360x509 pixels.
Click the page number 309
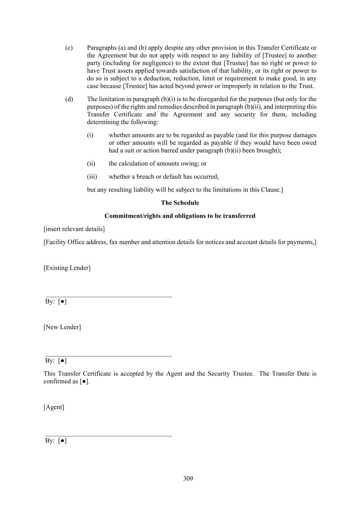tap(188, 478)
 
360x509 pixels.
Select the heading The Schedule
tap(180, 203)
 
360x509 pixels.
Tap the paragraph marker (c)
tap(69, 48)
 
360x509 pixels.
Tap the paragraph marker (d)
tap(69, 99)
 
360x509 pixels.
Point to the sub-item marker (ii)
tap(91, 163)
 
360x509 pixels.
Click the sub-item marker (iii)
tap(92, 176)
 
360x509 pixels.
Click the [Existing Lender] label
tap(67, 268)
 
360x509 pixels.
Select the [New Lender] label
tap(62, 327)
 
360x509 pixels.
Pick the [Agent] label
tap(54, 407)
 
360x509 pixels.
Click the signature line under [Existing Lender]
tap(109, 297)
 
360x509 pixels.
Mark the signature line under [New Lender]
tap(109, 356)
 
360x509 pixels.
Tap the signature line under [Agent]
tap(109, 436)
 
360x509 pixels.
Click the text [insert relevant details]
tap(74, 229)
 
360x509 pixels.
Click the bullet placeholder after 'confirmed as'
tap(85, 381)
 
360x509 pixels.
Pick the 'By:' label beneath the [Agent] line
tap(50, 440)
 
